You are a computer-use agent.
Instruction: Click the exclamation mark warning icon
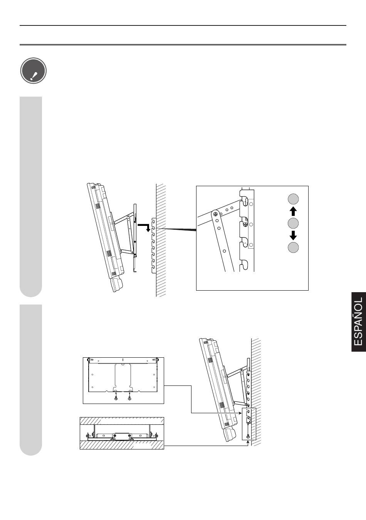34,71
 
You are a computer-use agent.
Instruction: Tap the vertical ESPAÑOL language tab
359,322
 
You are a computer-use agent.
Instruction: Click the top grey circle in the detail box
293,199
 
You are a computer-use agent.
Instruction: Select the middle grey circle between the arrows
293,223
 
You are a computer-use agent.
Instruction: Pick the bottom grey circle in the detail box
293,247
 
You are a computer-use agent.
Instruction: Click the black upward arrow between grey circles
293,211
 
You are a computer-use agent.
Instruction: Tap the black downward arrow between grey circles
293,235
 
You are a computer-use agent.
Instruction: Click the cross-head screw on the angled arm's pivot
215,214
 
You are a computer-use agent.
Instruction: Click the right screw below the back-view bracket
129,398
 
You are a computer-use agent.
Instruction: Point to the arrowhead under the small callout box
248,442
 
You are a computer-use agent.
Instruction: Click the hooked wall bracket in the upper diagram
153,245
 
